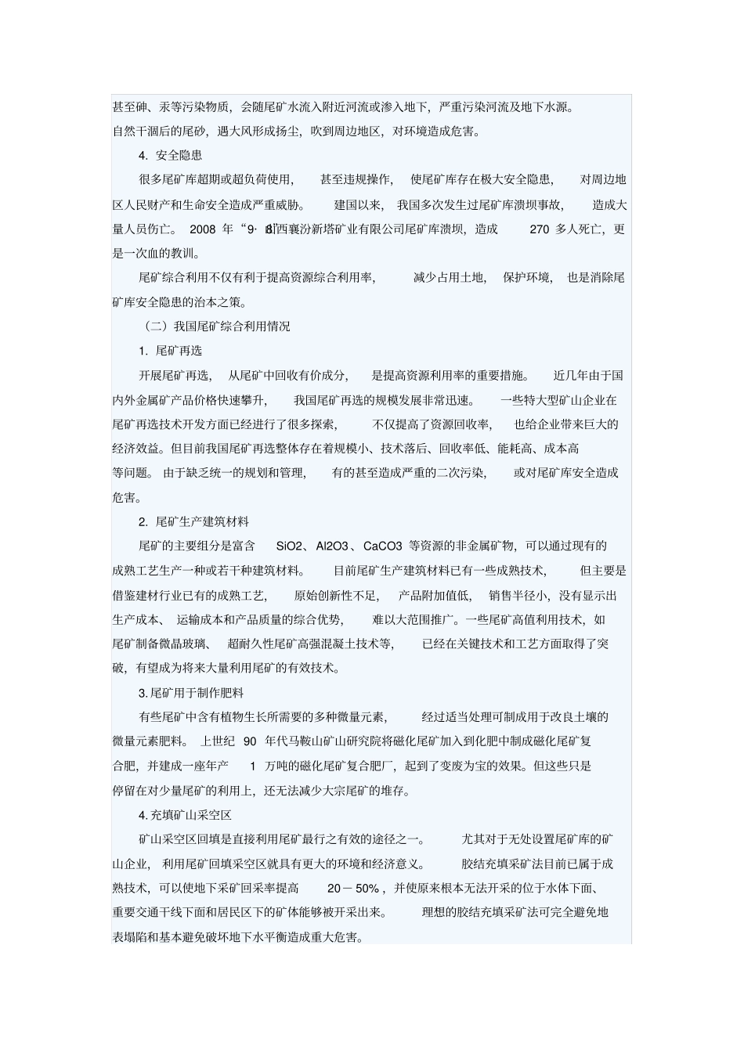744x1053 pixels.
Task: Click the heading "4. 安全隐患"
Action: pos(170,155)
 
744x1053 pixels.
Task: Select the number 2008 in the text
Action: pos(202,229)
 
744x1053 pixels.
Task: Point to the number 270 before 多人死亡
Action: pos(540,229)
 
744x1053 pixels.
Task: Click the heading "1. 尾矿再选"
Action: pos(170,351)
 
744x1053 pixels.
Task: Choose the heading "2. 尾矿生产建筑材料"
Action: pos(193,521)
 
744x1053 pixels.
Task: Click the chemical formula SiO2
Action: pos(289,546)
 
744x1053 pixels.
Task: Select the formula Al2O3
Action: pos(334,546)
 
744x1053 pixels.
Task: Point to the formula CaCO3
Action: pos(383,546)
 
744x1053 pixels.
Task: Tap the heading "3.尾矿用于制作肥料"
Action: pos(191,693)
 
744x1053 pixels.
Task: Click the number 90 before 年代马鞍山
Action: pos(250,741)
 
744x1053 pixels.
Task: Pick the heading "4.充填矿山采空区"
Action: pos(185,815)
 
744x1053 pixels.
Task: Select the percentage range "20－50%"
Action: pos(353,889)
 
